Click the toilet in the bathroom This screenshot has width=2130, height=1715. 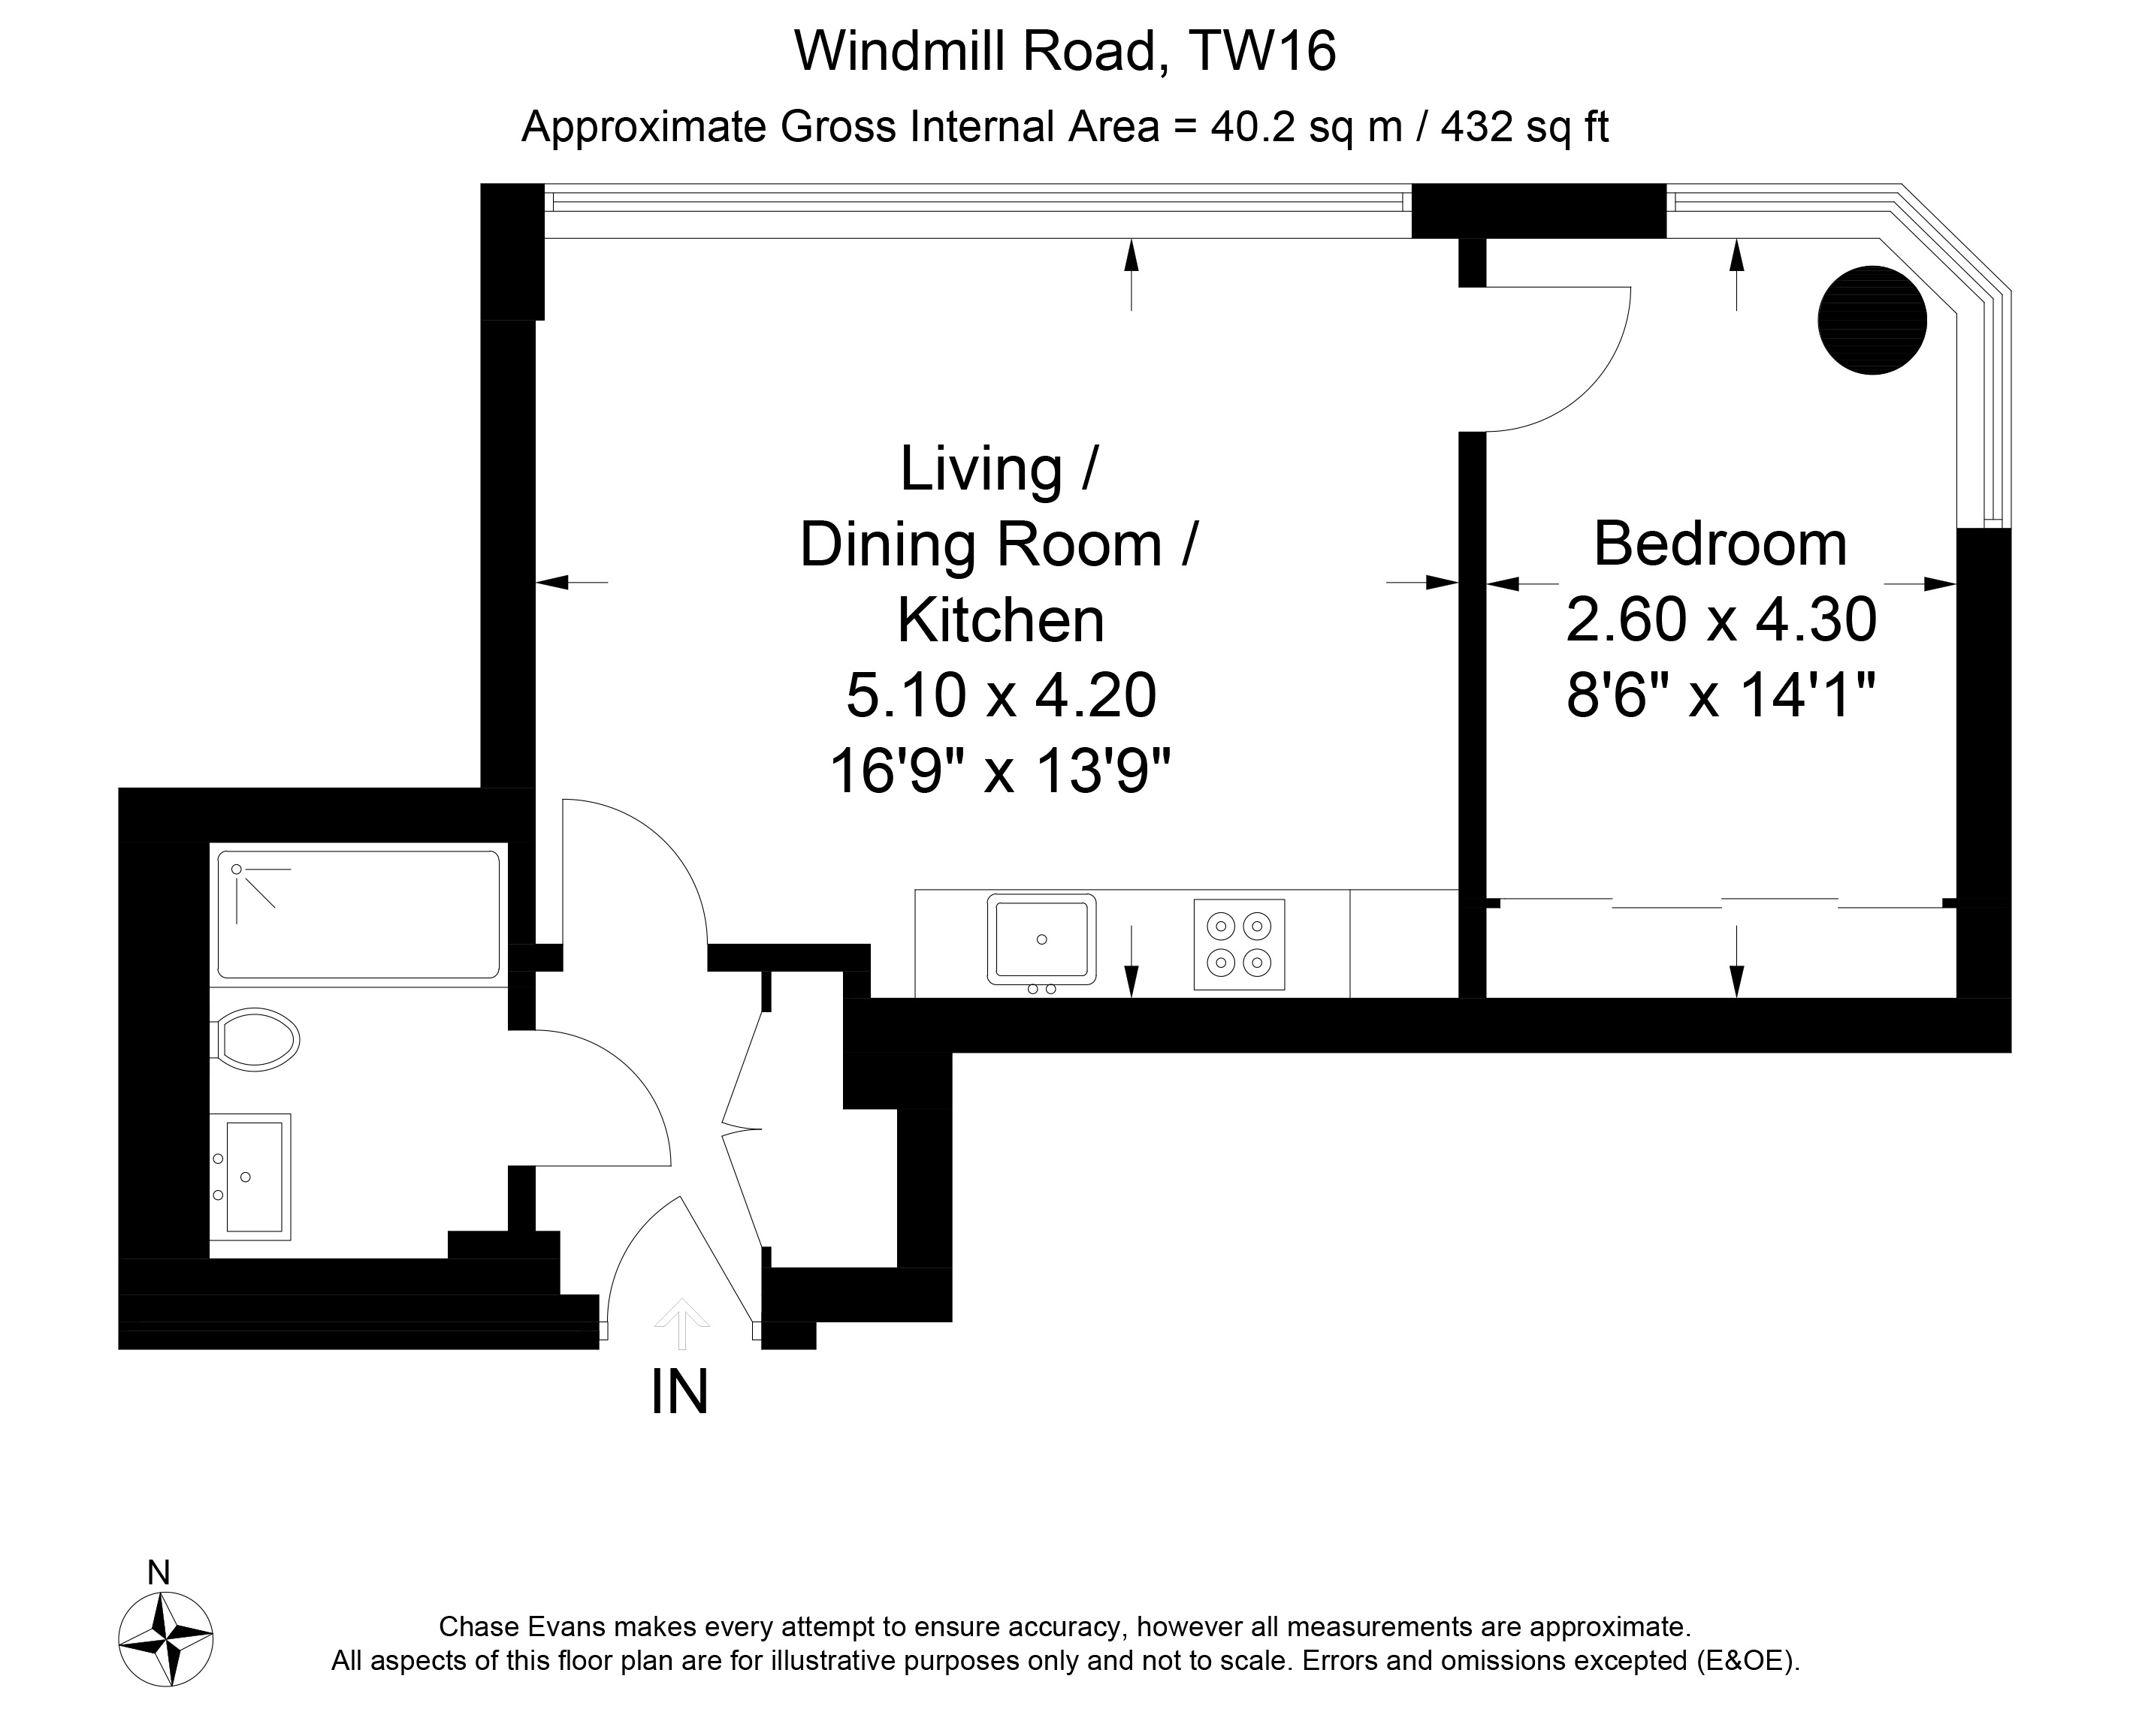point(255,1038)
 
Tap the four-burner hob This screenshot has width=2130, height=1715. point(1240,943)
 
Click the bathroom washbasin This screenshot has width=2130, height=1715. point(251,1177)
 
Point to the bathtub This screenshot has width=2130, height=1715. point(358,914)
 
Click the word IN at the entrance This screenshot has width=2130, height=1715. point(680,1392)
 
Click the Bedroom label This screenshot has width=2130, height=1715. point(1720,544)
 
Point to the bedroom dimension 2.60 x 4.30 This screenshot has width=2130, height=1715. point(1721,619)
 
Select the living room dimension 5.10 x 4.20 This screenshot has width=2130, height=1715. point(1002,695)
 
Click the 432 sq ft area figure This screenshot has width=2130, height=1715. point(1525,126)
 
